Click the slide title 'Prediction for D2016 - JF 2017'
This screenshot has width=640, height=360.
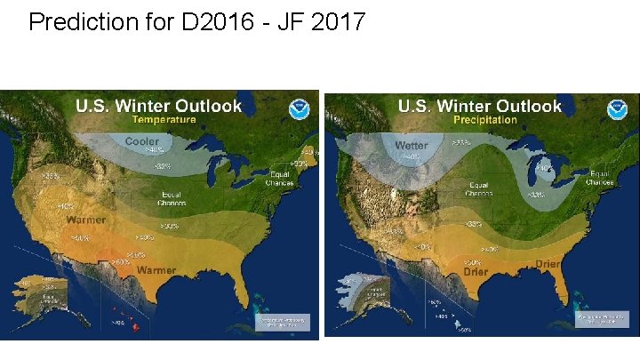(x=196, y=21)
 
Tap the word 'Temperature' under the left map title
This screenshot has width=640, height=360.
(x=164, y=119)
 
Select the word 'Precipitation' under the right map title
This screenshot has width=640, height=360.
(x=485, y=119)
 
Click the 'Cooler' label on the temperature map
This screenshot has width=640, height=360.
(x=142, y=141)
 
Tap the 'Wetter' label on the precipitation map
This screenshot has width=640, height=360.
(x=412, y=145)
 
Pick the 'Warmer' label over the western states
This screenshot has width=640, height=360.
(x=84, y=219)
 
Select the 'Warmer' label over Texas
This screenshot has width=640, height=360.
(x=156, y=270)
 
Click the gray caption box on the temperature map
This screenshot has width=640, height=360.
(x=284, y=323)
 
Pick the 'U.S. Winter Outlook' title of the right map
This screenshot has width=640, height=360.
(x=480, y=105)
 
